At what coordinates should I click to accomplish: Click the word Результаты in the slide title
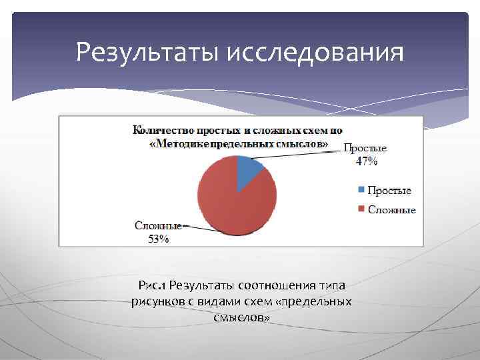click(148, 51)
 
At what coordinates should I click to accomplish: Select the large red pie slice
click(233, 200)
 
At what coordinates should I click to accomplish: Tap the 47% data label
click(366, 161)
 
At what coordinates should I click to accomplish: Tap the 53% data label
click(158, 239)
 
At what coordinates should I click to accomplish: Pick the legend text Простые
click(389, 191)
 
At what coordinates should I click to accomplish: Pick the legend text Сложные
click(392, 209)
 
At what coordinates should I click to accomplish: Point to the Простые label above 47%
click(365, 148)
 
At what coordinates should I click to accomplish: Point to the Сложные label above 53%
click(157, 226)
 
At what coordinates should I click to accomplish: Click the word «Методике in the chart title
click(177, 143)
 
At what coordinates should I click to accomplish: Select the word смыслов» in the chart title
click(304, 143)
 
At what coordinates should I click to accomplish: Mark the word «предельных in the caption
click(316, 302)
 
